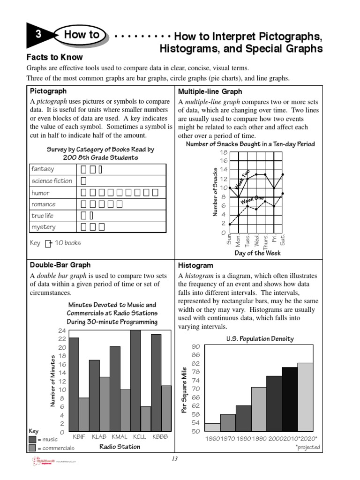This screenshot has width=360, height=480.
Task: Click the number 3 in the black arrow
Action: click(37, 35)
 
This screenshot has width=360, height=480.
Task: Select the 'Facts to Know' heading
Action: click(54, 57)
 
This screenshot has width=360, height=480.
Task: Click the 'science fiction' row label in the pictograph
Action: click(52, 181)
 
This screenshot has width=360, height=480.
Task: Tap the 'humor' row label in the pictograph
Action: click(40, 193)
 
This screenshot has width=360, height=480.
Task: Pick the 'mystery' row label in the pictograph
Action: click(43, 227)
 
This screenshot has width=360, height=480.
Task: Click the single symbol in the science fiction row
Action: click(83, 181)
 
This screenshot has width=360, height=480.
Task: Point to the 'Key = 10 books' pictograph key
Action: click(55, 243)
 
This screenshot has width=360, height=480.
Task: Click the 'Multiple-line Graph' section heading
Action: click(210, 91)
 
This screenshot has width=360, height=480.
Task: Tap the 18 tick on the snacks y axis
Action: click(223, 153)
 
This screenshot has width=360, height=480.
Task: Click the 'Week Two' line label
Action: click(243, 180)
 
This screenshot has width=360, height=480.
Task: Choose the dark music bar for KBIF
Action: click(74, 384)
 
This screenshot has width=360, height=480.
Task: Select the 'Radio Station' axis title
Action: click(120, 447)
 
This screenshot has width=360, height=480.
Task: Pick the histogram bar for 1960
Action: click(212, 427)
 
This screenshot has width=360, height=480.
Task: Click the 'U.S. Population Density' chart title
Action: click(260, 338)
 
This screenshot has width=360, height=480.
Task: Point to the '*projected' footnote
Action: click(307, 447)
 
